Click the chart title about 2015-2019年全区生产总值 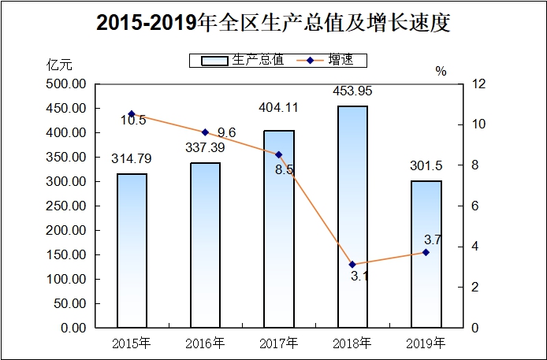(x=273, y=24)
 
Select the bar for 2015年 (x=132, y=251)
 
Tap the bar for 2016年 (x=206, y=245)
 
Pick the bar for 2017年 (x=279, y=228)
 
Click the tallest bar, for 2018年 (x=352, y=217)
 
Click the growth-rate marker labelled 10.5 (x=132, y=114)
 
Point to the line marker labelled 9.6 (x=205, y=132)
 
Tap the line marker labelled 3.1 (x=352, y=265)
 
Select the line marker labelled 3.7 (x=426, y=252)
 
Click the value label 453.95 (x=352, y=91)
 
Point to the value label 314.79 (x=132, y=158)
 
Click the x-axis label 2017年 (x=279, y=343)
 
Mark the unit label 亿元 (x=59, y=66)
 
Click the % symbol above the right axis (x=441, y=71)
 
